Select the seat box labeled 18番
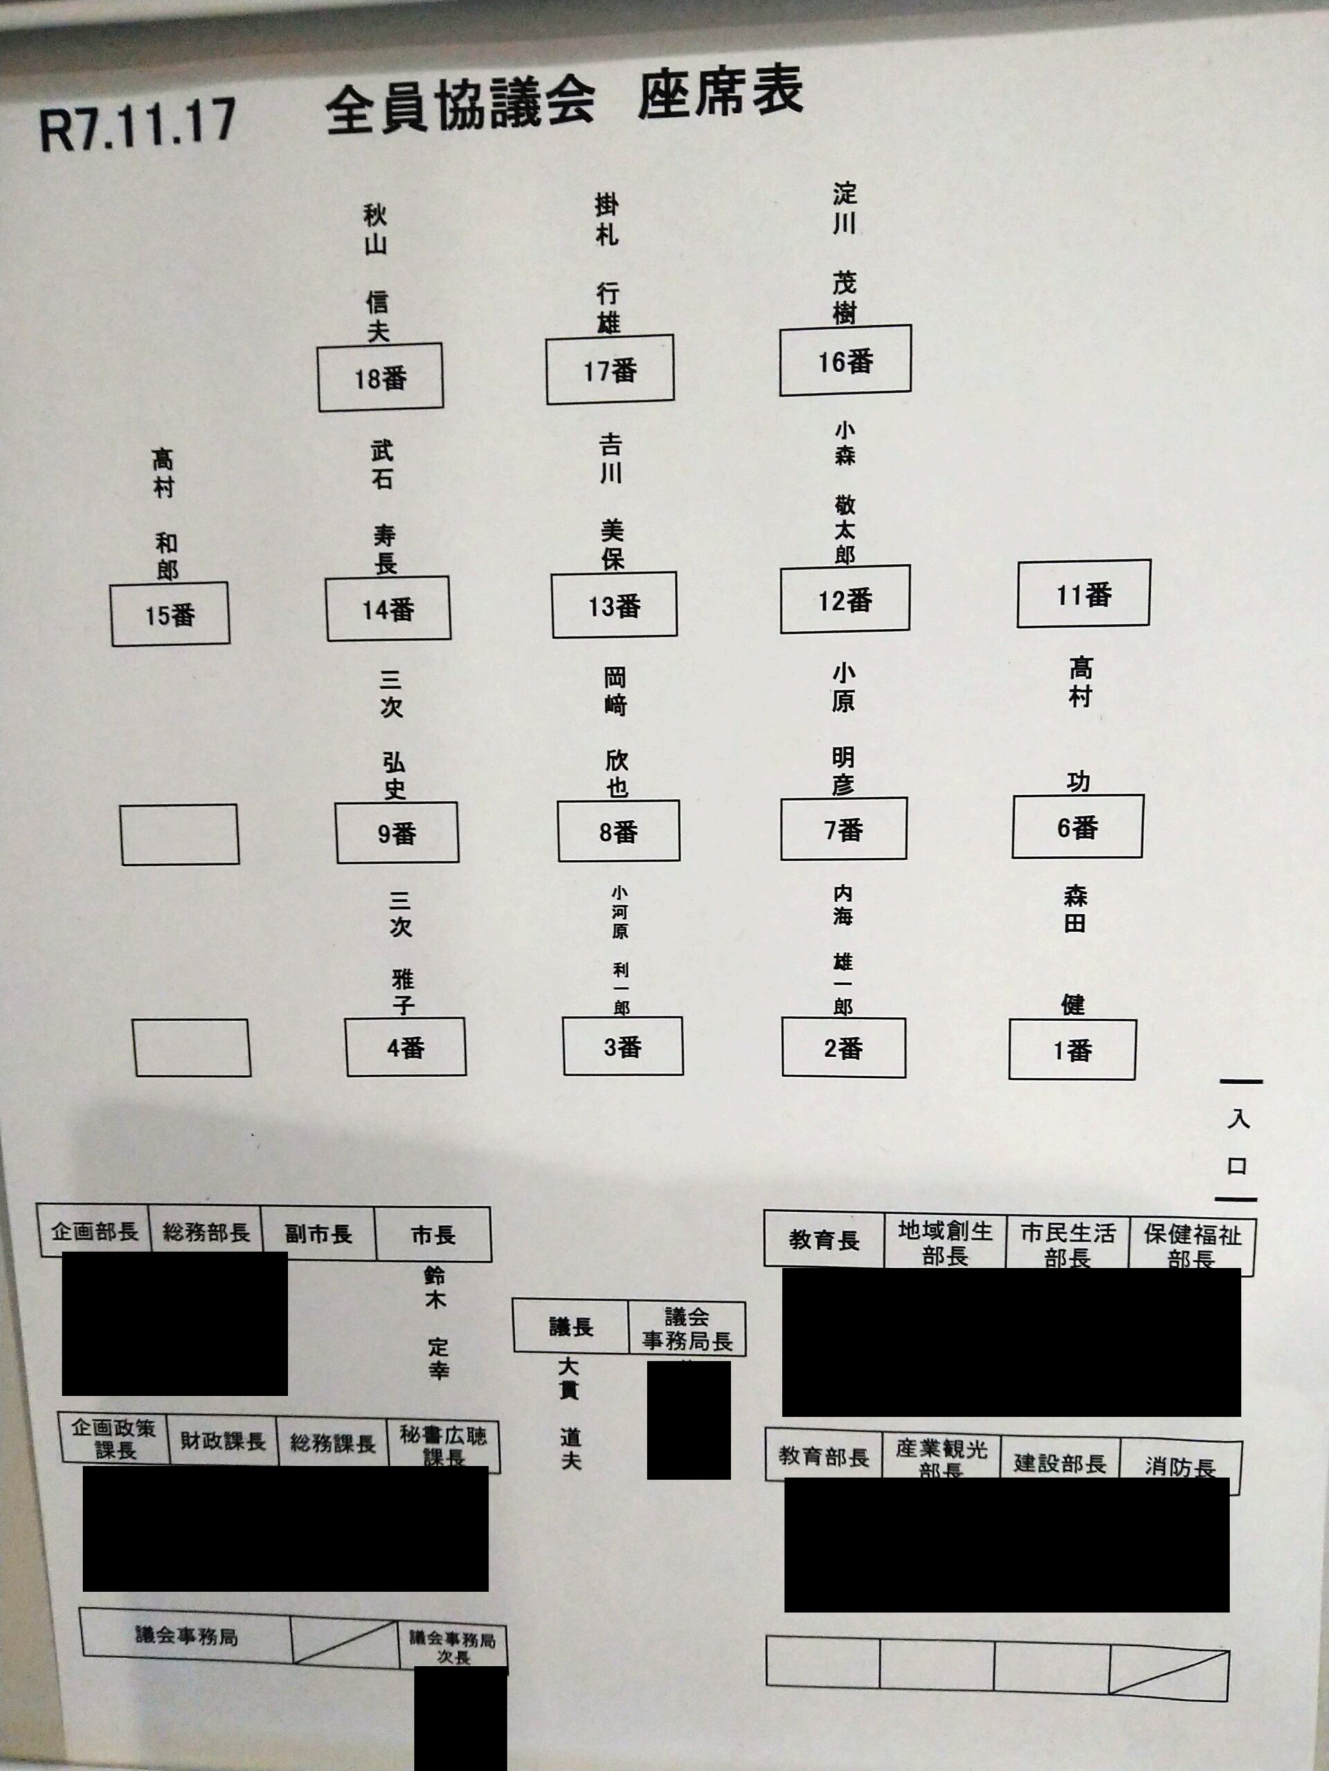pyautogui.click(x=380, y=377)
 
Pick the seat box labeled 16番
pyautogui.click(x=845, y=360)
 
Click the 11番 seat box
pyautogui.click(x=1083, y=594)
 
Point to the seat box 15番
pyautogui.click(x=170, y=614)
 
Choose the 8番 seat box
pyautogui.click(x=618, y=831)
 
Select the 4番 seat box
pyautogui.click(x=406, y=1047)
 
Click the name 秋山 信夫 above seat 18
pyautogui.click(x=377, y=272)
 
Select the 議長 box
pyautogui.click(x=570, y=1327)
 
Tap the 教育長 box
pyautogui.click(x=824, y=1240)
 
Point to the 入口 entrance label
pyautogui.click(x=1238, y=1141)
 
